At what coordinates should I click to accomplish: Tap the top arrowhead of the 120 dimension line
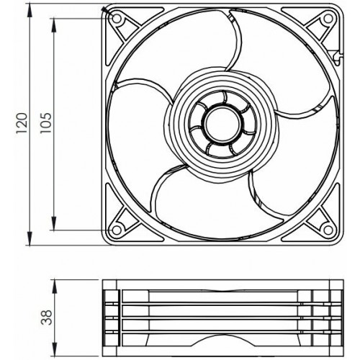tap(30, 10)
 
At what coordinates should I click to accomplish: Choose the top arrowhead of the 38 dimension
tap(55, 282)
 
